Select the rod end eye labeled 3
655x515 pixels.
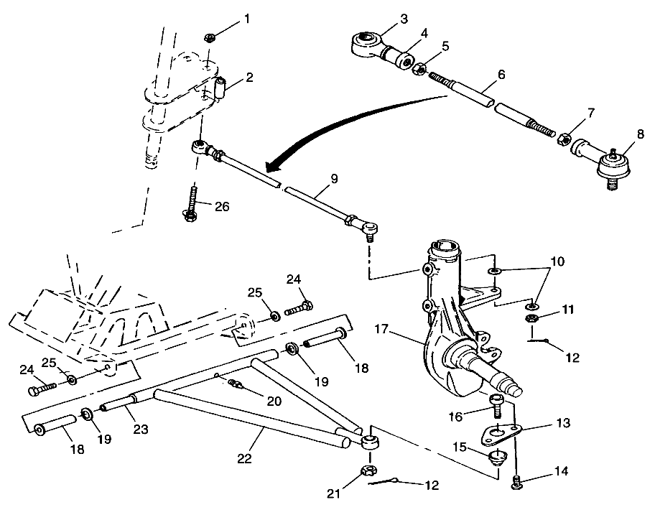point(366,41)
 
